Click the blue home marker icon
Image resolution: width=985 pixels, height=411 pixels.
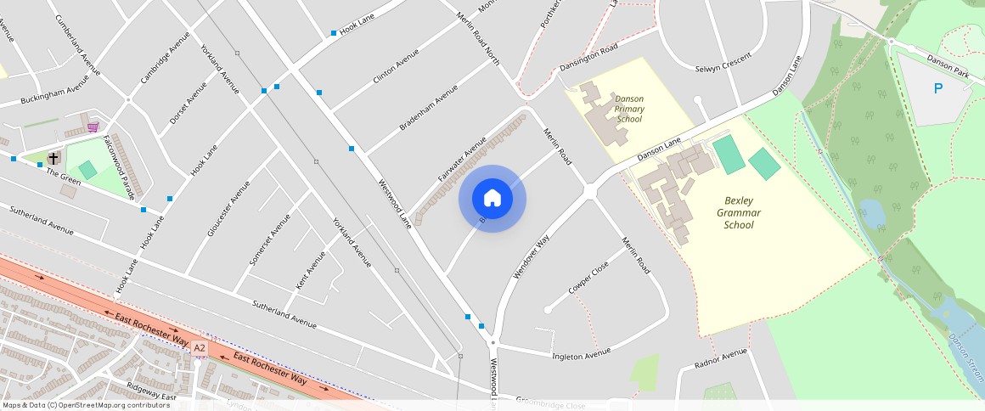(492, 199)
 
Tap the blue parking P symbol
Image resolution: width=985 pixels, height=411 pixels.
(938, 88)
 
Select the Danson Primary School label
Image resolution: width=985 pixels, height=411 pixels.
(629, 109)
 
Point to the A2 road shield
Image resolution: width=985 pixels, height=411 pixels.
(200, 347)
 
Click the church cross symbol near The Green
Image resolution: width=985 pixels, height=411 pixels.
(53, 158)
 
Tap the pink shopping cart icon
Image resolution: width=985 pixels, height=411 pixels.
(92, 127)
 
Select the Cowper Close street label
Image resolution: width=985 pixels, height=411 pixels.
(589, 278)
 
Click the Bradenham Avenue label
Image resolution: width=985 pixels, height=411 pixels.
(428, 107)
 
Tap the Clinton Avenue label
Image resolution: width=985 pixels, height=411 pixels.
(396, 66)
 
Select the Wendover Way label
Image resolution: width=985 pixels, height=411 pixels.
(532, 257)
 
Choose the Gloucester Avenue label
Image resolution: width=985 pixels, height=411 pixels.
(228, 209)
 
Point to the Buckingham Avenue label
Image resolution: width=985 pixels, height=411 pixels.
(55, 93)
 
